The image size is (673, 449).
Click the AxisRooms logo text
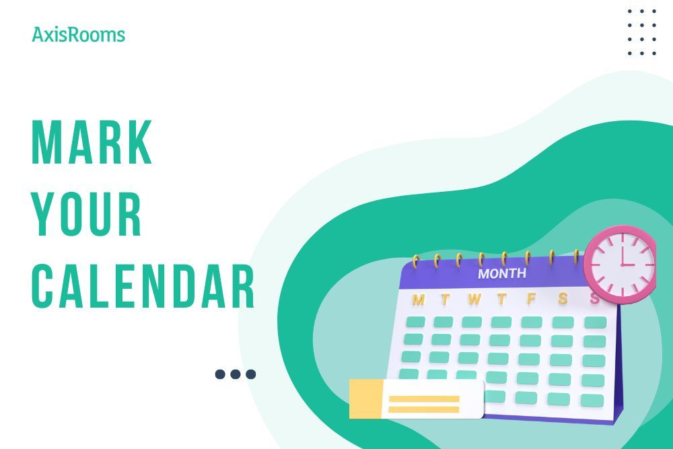[78, 34]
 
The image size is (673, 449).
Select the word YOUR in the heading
[87, 214]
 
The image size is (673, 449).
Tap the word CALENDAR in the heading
[143, 287]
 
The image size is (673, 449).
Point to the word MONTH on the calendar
[502, 274]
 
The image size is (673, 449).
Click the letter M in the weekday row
[419, 299]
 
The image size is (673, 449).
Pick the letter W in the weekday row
[474, 298]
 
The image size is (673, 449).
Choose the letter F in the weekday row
[531, 298]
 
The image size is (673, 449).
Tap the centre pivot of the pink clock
[620, 264]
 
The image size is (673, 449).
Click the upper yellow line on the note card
[424, 399]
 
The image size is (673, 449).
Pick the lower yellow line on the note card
[424, 409]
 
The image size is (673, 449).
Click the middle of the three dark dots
[236, 374]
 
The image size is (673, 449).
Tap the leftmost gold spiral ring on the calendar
[415, 261]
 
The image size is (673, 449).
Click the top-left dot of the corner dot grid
[630, 11]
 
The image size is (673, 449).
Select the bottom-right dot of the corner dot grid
[654, 53]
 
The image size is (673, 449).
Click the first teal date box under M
[415, 322]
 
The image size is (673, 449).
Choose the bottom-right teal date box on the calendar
[592, 401]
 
